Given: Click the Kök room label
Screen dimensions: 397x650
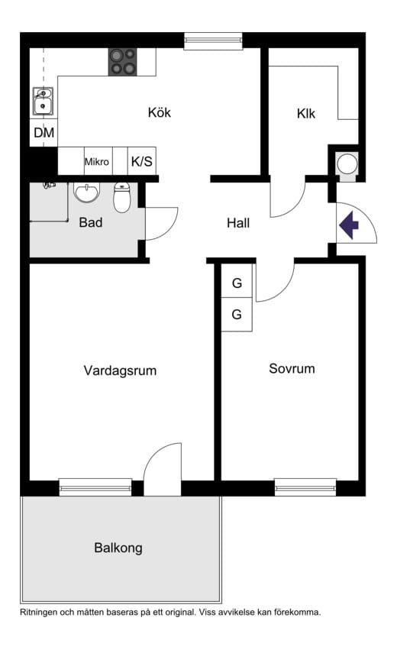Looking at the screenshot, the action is (x=159, y=112).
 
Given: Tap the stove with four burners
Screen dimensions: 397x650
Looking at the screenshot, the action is (x=123, y=62).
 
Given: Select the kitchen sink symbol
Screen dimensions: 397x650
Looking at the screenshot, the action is (x=43, y=101).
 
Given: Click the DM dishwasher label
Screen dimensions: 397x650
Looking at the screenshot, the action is (x=44, y=133).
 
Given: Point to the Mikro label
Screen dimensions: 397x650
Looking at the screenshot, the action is (x=96, y=162).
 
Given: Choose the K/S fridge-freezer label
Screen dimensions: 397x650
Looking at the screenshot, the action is (x=142, y=161).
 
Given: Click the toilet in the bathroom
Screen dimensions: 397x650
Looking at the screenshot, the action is (x=122, y=197).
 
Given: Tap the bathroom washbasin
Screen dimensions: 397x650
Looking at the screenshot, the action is (x=86, y=192).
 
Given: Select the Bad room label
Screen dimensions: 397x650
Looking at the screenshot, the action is (x=91, y=222).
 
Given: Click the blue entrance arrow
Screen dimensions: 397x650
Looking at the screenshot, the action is (x=350, y=225).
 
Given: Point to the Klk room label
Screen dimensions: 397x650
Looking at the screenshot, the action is (x=306, y=114).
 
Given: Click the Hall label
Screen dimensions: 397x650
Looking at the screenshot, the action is (x=238, y=223).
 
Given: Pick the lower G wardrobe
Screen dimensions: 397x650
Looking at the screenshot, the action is (x=237, y=314).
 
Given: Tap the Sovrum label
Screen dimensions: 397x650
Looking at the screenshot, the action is (x=292, y=368).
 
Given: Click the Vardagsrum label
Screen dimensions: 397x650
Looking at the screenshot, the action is (x=120, y=370).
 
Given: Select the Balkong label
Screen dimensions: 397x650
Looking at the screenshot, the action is (x=118, y=548).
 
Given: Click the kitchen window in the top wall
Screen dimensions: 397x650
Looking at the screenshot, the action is (x=213, y=40).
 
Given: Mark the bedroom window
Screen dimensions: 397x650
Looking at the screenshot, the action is (x=305, y=487).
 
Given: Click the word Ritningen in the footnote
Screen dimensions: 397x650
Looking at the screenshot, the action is (x=37, y=612).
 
